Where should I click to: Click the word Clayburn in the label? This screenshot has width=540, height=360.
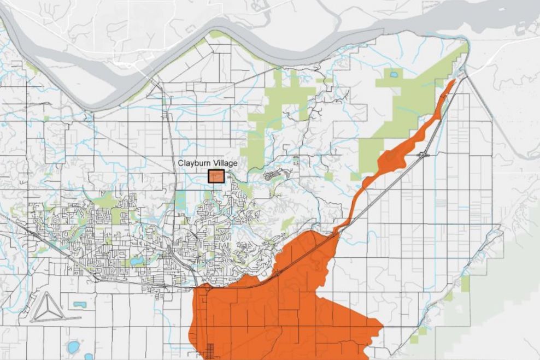(193, 163)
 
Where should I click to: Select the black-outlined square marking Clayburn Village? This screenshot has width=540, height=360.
(216, 176)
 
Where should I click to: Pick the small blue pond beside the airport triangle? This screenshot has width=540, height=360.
(80, 304)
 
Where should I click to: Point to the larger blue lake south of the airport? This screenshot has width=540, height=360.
(73, 346)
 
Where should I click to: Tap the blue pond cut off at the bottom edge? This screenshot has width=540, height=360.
(89, 357)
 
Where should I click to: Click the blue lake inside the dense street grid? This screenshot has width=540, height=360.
(137, 261)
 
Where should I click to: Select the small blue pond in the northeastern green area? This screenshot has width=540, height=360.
(394, 74)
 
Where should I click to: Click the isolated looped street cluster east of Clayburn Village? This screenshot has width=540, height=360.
(273, 175)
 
